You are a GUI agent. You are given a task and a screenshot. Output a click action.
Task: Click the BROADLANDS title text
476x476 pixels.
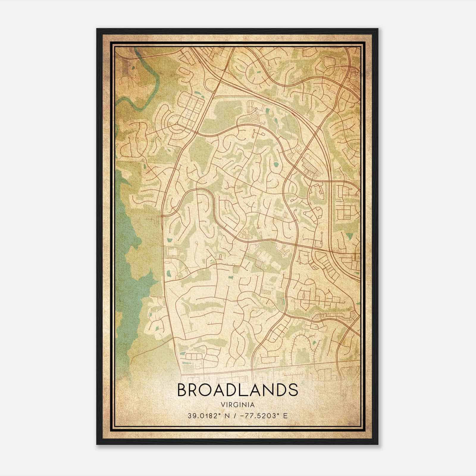pyautogui.click(x=237, y=390)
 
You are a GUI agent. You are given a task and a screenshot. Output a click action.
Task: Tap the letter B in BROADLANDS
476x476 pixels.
pyautogui.click(x=183, y=390)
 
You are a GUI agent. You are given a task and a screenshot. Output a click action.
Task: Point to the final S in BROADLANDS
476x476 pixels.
pyautogui.click(x=293, y=390)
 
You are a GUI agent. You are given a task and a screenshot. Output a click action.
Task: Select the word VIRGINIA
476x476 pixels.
pyautogui.click(x=237, y=405)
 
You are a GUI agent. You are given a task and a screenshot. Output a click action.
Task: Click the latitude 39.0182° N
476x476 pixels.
pyautogui.click(x=207, y=416)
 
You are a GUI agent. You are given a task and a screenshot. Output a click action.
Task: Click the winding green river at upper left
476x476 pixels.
pyautogui.click(x=140, y=86)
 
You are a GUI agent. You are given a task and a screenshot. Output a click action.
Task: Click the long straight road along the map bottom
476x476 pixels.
pyautogui.click(x=268, y=369)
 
